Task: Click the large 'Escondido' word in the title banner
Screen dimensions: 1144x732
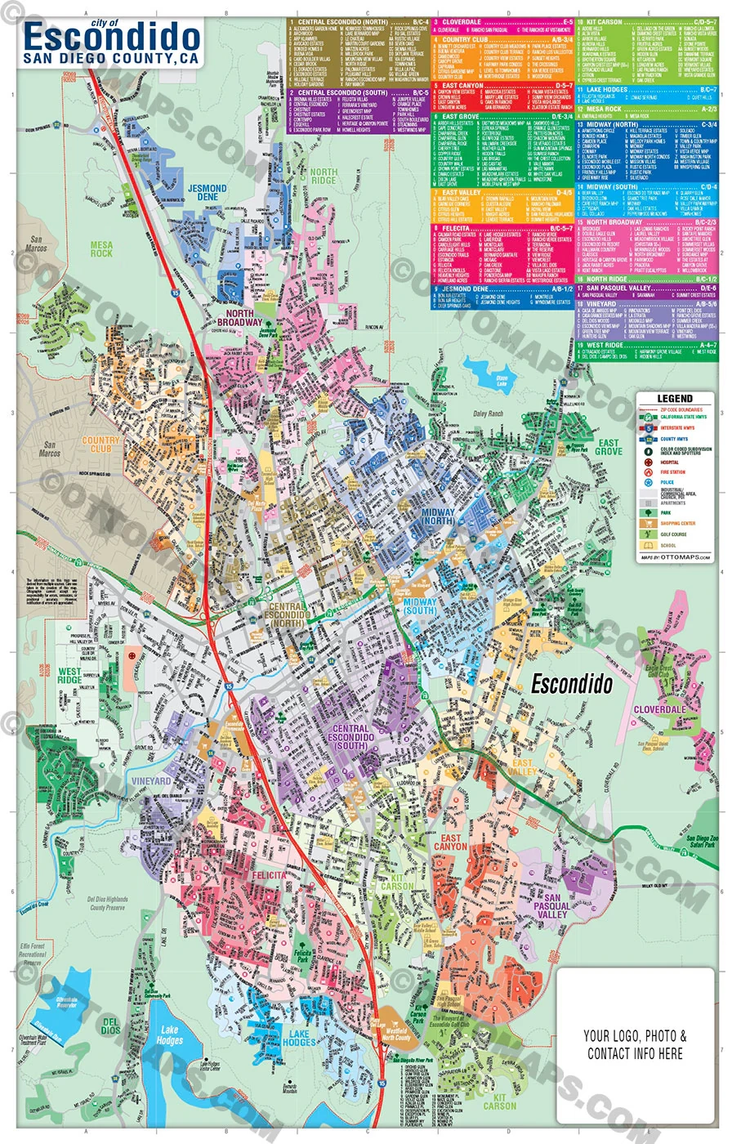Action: point(112,38)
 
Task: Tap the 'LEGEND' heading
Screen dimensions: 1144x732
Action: point(675,399)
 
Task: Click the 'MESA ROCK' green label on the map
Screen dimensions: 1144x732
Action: point(102,248)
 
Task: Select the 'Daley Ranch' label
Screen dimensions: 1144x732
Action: point(489,413)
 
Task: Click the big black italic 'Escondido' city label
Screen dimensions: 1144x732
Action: point(571,685)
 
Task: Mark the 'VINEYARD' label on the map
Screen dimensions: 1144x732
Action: point(151,781)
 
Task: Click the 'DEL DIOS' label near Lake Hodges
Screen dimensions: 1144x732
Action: point(110,1026)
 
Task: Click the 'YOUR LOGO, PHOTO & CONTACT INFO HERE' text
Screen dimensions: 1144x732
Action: point(636,1043)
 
